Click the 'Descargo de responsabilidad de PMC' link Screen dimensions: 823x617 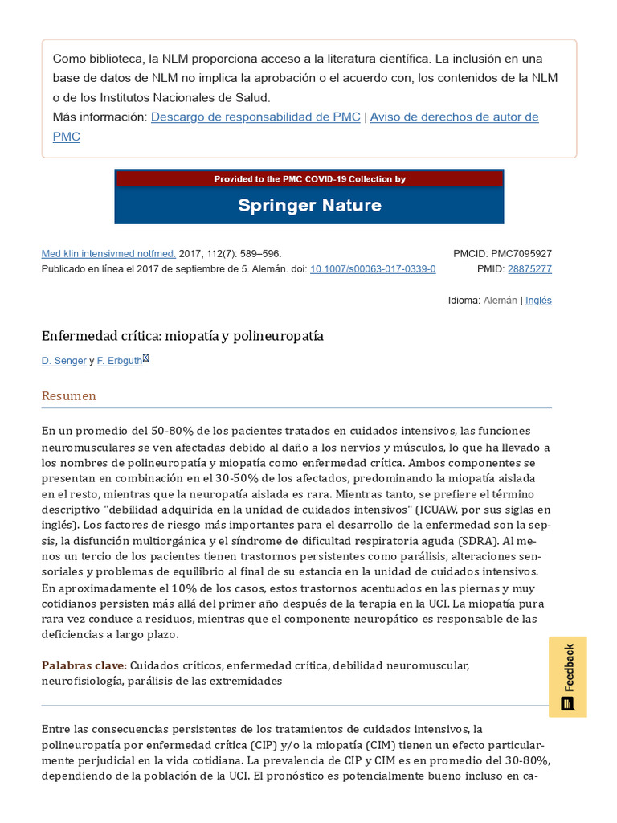tap(255, 117)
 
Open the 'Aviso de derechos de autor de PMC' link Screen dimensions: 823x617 tap(454, 117)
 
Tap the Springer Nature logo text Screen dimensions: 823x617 tap(309, 205)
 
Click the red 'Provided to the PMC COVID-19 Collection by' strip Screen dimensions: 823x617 tap(309, 179)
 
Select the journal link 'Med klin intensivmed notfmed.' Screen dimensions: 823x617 tap(108, 253)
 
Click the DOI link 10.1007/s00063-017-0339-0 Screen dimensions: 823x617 tap(373, 268)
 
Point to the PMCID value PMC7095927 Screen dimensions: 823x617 tap(521, 253)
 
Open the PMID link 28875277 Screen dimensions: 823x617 tap(529, 268)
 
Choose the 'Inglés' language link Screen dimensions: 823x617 tap(538, 301)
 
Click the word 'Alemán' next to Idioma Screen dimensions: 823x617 tap(501, 301)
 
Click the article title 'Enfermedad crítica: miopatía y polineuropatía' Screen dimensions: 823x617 tap(182, 336)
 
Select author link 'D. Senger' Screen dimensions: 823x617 tap(64, 361)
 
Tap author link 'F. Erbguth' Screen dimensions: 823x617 tap(120, 361)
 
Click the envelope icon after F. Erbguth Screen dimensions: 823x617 tap(146, 358)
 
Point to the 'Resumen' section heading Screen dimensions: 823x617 tap(69, 395)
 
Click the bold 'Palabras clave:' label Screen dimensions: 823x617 tap(84, 665)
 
